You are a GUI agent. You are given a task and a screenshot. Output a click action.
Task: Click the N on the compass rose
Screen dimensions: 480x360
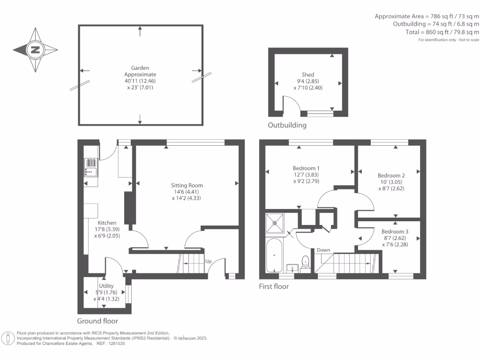click(35, 50)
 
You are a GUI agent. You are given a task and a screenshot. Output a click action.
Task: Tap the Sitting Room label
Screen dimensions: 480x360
click(187, 185)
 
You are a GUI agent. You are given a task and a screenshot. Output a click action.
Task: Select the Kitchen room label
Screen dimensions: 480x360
click(107, 223)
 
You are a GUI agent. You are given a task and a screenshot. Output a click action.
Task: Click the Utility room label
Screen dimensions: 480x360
click(106, 285)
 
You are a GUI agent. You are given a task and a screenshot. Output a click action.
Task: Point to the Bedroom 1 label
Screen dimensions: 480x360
click(306, 168)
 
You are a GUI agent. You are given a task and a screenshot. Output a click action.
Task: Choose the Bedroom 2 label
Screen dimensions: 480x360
click(391, 175)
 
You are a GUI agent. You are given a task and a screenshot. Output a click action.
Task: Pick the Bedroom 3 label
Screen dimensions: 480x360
click(395, 232)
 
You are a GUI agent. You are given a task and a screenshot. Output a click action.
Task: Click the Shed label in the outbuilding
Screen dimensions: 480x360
click(308, 75)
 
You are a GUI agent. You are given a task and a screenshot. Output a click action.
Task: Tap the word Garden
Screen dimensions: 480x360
click(140, 68)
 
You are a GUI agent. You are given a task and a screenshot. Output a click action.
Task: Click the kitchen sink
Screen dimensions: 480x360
click(91, 167)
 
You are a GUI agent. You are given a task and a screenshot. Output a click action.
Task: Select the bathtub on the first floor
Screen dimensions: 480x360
click(274, 255)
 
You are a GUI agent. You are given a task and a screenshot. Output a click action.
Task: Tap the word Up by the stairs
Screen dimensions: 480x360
click(209, 261)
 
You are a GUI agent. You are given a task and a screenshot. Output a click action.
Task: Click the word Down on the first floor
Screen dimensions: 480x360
click(323, 250)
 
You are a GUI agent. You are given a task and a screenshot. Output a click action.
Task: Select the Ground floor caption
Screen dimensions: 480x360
click(97, 321)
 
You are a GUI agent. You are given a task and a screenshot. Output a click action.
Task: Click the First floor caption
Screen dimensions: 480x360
click(274, 286)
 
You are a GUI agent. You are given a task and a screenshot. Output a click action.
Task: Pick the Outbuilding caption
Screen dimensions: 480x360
click(287, 125)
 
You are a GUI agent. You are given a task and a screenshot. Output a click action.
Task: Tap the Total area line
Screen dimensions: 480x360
click(442, 32)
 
